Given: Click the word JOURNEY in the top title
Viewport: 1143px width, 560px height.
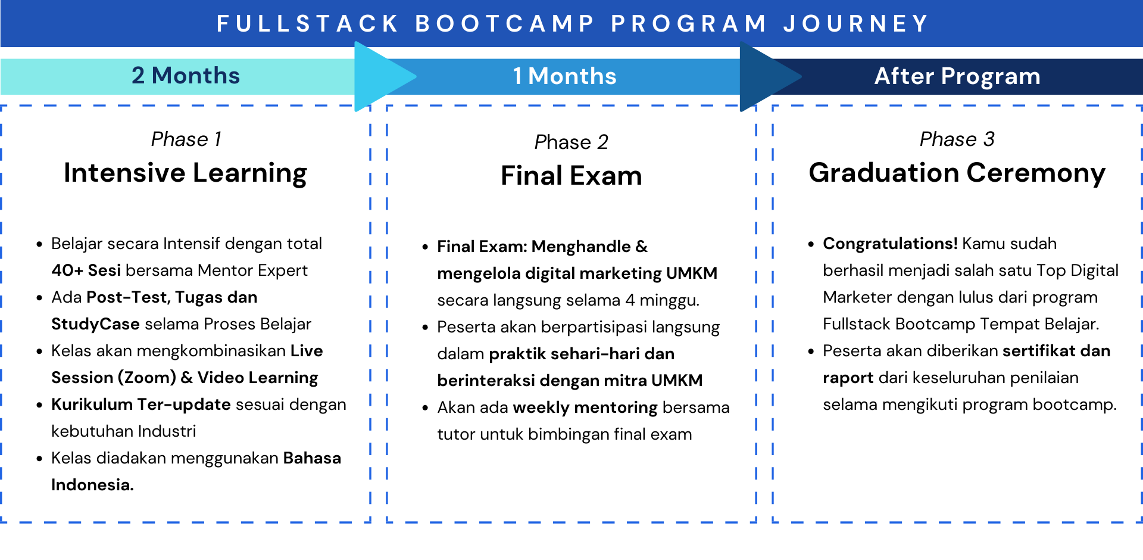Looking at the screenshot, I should [856, 24].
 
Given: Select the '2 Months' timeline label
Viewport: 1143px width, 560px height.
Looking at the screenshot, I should [185, 76].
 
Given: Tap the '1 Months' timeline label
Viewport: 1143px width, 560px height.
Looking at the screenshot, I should [564, 76].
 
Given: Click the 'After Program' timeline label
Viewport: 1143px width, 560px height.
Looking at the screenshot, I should [957, 76].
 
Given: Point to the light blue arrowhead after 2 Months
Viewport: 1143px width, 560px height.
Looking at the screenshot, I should [381, 76].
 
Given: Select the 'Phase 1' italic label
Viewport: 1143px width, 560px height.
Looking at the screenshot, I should [186, 139].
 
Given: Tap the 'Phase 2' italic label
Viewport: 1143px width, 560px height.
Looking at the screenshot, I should [571, 142].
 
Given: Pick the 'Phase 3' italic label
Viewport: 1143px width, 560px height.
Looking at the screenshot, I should [957, 139].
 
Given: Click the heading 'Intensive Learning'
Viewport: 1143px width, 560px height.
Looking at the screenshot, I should [185, 173].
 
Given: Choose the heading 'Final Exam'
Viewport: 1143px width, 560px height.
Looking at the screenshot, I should [571, 176].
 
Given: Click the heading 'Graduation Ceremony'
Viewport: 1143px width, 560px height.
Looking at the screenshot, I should [957, 173].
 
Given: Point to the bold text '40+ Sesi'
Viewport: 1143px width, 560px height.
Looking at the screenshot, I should [86, 270].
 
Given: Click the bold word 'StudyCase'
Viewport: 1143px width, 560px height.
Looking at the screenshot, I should [95, 324].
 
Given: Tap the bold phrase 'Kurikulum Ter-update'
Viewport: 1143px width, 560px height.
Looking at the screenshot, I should [140, 405].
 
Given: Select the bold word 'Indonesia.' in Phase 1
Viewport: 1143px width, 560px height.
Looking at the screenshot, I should [92, 485].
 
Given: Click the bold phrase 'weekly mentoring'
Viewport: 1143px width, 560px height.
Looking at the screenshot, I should [585, 407].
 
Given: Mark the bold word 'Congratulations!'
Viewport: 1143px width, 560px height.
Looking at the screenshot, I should [890, 244].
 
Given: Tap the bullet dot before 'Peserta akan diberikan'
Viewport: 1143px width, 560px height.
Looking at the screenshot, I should [811, 351].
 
